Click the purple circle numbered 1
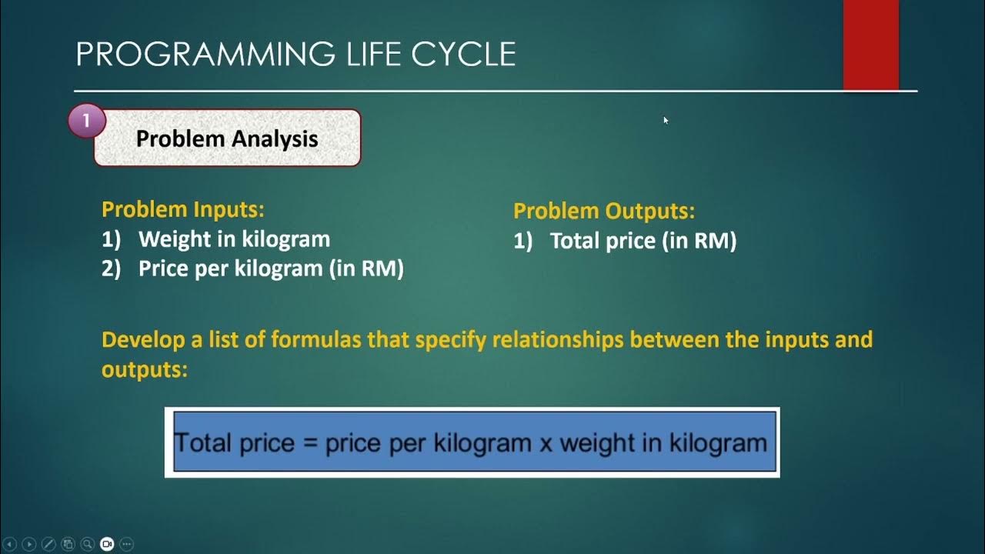click(x=86, y=121)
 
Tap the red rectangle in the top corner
click(x=870, y=45)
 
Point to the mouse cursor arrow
click(x=665, y=119)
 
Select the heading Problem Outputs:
click(x=603, y=211)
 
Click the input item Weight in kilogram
click(x=234, y=239)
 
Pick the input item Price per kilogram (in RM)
click(x=271, y=269)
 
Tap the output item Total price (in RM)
click(x=643, y=241)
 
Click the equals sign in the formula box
click(x=310, y=443)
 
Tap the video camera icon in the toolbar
click(x=107, y=544)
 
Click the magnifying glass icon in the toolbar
click(x=87, y=544)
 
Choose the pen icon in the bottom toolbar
click(x=48, y=544)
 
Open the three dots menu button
click(x=127, y=544)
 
